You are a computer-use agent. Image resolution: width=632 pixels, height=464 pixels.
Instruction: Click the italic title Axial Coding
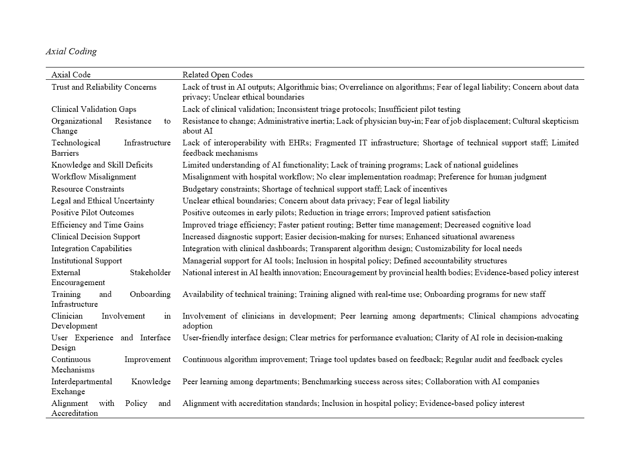pyautogui.click(x=71, y=51)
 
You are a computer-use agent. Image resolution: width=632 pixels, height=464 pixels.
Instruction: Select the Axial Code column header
pyautogui.click(x=71, y=75)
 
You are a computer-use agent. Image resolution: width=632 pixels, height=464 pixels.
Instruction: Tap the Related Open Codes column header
pyautogui.click(x=218, y=75)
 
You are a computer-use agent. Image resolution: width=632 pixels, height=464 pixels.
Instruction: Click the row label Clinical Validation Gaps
pyautogui.click(x=93, y=109)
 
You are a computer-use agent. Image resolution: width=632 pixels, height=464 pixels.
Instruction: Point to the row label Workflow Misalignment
pyautogui.click(x=93, y=177)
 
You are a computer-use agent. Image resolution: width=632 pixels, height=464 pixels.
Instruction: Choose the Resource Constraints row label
pyautogui.click(x=88, y=189)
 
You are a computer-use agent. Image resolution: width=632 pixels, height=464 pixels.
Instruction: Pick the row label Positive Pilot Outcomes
pyautogui.click(x=93, y=212)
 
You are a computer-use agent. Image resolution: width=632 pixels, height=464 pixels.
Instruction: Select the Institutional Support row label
pyautogui.click(x=86, y=261)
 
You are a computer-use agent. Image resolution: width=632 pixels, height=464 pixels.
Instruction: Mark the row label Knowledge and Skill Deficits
pyautogui.click(x=102, y=165)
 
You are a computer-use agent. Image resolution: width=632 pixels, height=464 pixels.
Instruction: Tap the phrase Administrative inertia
pyautogui.click(x=295, y=121)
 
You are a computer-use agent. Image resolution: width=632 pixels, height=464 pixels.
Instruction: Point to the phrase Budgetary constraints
pyautogui.click(x=220, y=189)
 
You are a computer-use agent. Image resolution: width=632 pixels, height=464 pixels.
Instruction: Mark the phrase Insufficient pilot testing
pyautogui.click(x=419, y=109)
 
